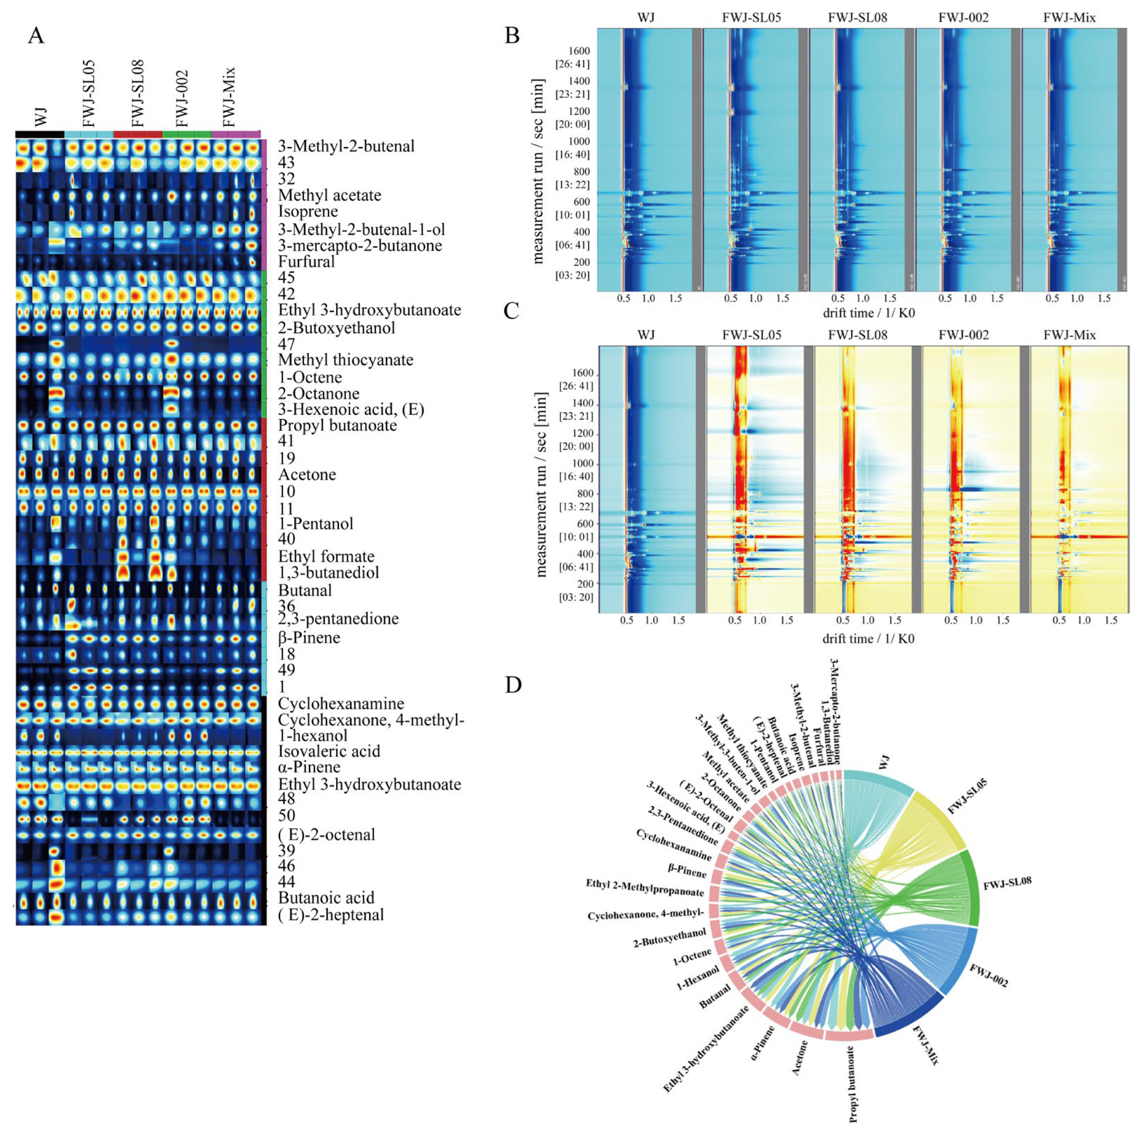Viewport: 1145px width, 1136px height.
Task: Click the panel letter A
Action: coord(36,36)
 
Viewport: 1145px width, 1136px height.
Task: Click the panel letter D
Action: coord(513,685)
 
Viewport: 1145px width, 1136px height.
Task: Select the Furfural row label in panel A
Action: coord(306,262)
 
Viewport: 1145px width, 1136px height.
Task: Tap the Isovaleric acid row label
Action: coord(329,751)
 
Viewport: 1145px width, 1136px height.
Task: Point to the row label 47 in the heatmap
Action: coord(286,344)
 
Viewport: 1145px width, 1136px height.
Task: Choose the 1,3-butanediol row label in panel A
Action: coord(328,573)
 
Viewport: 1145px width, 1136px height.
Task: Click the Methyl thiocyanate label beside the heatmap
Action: coord(346,360)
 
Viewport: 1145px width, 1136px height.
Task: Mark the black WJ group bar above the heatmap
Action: coord(39,134)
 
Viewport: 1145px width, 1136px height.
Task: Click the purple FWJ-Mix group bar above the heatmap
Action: coord(236,134)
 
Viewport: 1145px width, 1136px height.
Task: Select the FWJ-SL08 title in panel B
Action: coord(857,18)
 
